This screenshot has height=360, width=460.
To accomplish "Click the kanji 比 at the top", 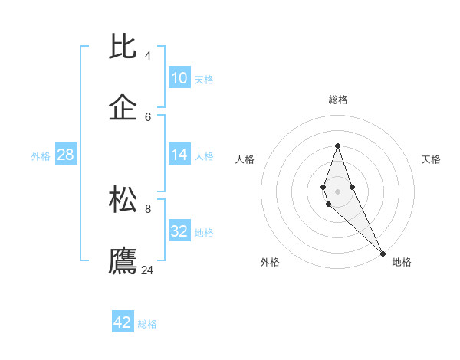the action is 123,47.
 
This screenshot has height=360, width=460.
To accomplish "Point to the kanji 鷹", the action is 123,260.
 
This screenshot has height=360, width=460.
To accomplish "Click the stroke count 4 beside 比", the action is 148,56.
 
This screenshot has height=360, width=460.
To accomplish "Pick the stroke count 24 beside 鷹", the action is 148,270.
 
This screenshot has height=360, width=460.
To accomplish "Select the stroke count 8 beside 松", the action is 148,208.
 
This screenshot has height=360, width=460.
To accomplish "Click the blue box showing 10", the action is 179,77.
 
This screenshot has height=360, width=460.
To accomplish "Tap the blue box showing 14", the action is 179,155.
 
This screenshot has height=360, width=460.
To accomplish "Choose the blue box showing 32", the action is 179,231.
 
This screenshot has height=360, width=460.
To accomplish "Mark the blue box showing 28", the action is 66,155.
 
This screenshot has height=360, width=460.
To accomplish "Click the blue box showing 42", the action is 123,322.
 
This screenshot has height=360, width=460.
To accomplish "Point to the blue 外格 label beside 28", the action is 41,156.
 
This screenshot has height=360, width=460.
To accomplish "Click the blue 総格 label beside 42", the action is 147,324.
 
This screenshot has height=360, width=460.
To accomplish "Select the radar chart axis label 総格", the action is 338,100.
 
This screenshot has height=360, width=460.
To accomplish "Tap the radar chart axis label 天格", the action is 431,159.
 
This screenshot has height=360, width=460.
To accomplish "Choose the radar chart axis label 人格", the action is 245,159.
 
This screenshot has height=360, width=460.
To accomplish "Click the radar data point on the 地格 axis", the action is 383,253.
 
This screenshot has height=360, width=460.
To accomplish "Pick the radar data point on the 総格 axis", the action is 337,146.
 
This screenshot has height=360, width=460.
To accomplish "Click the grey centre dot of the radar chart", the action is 337,191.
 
